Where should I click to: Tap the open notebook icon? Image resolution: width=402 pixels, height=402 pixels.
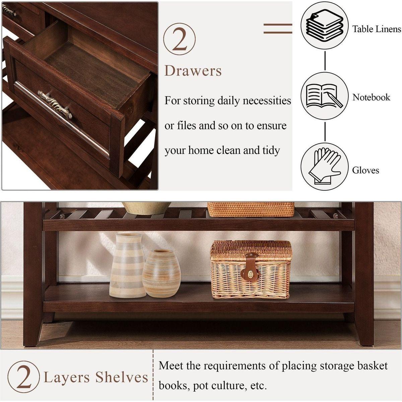coord(324,96)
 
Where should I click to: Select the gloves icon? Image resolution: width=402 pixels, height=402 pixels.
coord(324,166)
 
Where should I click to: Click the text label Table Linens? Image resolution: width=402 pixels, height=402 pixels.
coord(377,29)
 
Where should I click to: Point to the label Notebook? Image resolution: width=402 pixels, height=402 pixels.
coord(371,97)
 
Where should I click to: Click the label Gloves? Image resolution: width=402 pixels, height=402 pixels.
coord(365,171)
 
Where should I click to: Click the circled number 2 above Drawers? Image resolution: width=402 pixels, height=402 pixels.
coord(180,39)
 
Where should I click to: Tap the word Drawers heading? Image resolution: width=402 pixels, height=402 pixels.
coord(193,71)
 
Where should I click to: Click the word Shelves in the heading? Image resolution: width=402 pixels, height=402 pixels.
coord(122,377)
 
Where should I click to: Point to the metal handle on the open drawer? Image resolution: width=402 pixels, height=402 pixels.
coord(55,104)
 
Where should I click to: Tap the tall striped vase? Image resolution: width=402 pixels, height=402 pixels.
coord(128,265)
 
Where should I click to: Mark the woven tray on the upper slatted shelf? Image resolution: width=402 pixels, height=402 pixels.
coord(251,209)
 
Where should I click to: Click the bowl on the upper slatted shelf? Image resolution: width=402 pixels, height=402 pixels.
coord(146,208)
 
